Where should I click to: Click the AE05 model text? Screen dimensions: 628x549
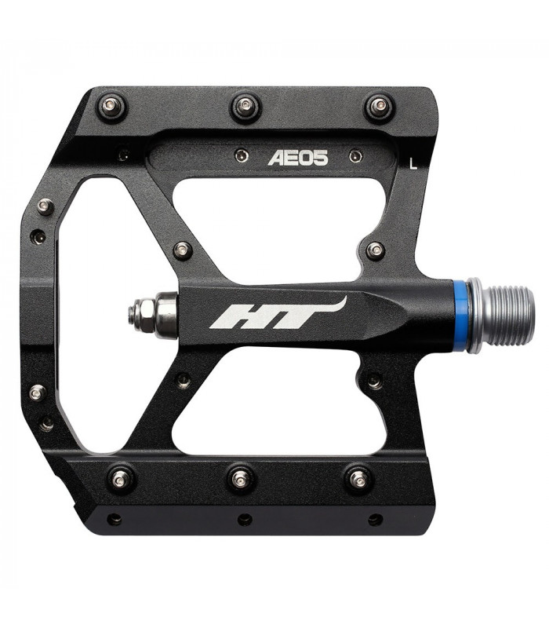pos(298,158)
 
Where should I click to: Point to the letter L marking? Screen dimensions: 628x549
pos(413,163)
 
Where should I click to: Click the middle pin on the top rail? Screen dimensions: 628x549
pos(246,106)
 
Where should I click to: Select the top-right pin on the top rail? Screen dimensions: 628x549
pos(380,106)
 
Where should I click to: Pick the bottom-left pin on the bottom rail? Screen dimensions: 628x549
pos(120,478)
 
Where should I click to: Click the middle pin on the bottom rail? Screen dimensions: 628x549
pos(241,477)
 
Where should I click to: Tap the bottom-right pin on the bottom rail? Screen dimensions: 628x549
pos(358,478)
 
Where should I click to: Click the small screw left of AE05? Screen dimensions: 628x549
pos(241,155)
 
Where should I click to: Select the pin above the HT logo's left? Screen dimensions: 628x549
pos(182,250)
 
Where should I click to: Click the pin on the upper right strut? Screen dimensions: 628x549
pos(376,250)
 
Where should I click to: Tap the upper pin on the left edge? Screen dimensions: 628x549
pos(45,207)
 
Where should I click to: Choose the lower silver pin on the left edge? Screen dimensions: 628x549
pos(37,392)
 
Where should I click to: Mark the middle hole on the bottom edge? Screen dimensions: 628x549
pos(245,520)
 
